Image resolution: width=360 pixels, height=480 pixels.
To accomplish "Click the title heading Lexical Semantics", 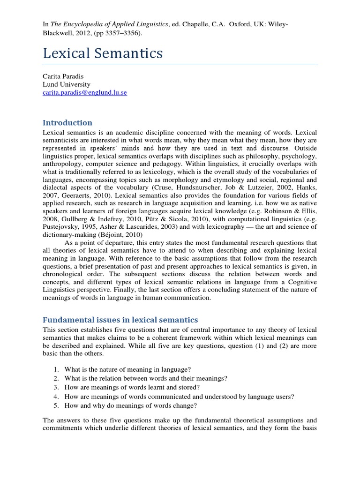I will pyautogui.click(x=103, y=53).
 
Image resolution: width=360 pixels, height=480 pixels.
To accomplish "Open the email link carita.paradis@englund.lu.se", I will pyautogui.click(x=85, y=93).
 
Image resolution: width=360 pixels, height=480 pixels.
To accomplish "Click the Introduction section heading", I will pyautogui.click(x=67, y=123).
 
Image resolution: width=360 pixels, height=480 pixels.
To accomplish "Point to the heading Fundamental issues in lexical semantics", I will pyautogui.click(x=120, y=320).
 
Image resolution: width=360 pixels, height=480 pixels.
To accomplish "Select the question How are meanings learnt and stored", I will pyautogui.click(x=132, y=387).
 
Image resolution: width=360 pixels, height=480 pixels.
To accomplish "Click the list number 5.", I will pyautogui.click(x=55, y=405).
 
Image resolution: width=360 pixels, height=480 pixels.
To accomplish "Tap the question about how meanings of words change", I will pyautogui.click(x=131, y=405).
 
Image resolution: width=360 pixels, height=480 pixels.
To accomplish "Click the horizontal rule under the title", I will pyautogui.click(x=180, y=64).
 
